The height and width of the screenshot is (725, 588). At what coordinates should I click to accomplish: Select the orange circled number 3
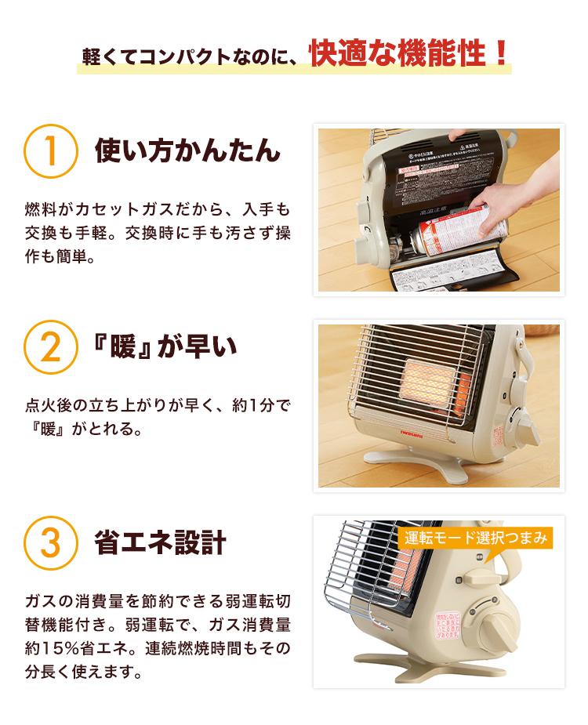(51, 543)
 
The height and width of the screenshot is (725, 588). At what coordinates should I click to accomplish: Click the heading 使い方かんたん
(187, 150)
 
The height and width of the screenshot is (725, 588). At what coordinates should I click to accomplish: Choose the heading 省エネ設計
(160, 542)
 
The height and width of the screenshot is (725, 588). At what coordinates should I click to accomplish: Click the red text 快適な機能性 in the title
(395, 53)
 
